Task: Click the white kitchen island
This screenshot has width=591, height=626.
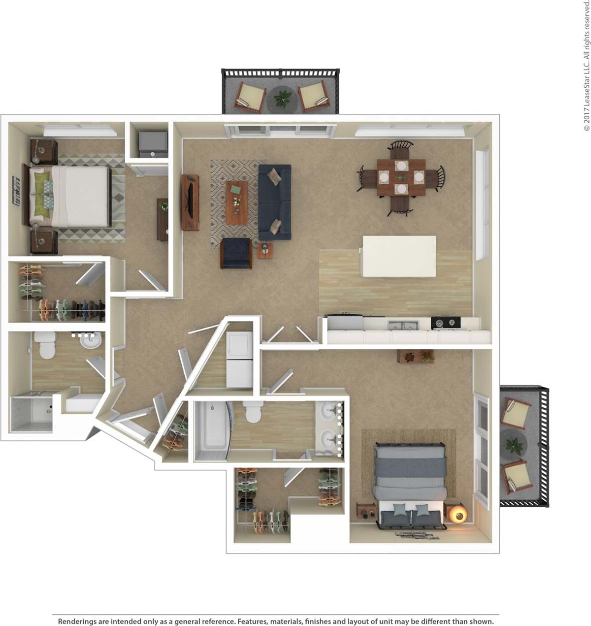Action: [x=399, y=256]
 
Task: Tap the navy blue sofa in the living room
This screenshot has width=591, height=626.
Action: [x=274, y=202]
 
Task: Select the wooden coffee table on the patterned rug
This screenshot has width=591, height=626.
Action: [x=236, y=202]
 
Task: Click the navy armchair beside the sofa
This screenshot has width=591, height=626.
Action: [x=236, y=253]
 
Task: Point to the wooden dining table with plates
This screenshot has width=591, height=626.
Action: [x=401, y=177]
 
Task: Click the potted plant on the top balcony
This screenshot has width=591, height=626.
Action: [x=282, y=97]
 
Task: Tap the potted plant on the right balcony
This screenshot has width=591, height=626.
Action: [x=514, y=444]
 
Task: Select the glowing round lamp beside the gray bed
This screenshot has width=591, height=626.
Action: [x=457, y=515]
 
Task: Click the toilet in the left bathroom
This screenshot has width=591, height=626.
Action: [x=47, y=346]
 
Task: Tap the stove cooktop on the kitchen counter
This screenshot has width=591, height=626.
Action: [x=445, y=323]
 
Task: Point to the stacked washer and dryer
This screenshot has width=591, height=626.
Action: [x=239, y=359]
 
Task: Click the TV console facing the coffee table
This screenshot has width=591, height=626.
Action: [x=190, y=202]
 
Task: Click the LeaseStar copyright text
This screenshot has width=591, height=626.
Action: [x=586, y=65]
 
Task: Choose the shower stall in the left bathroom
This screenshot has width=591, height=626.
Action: [x=31, y=414]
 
